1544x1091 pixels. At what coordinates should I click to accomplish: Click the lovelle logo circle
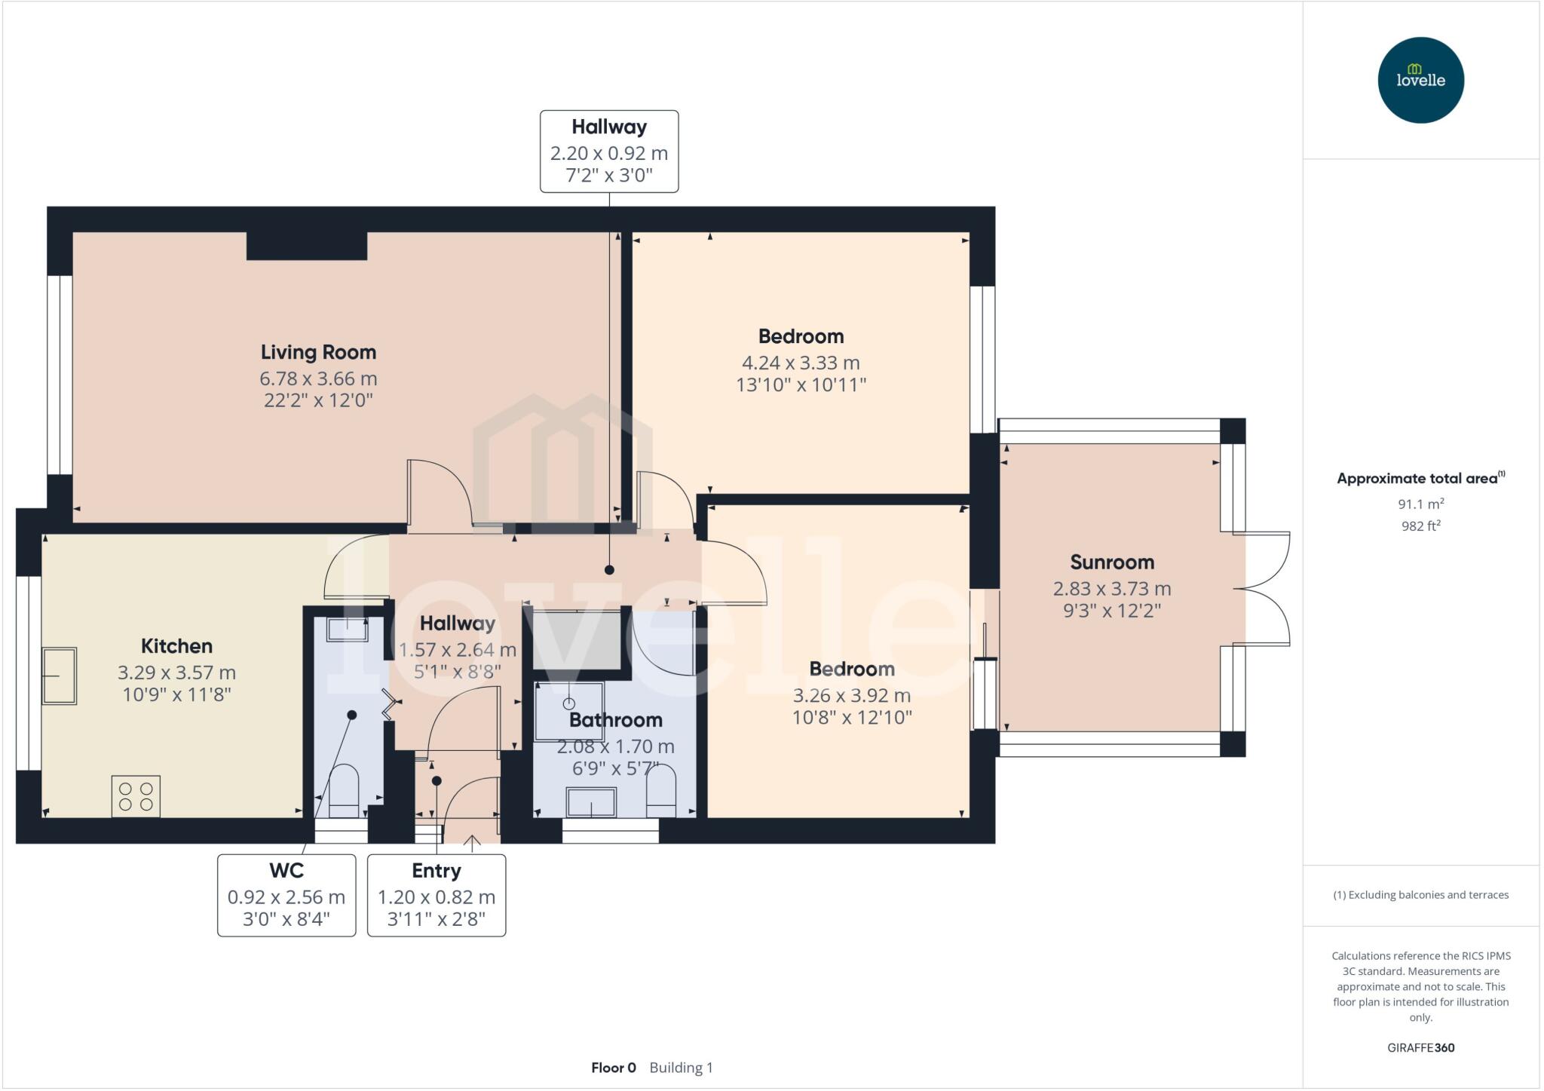click(x=1420, y=80)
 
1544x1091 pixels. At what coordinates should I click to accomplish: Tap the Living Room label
click(x=318, y=352)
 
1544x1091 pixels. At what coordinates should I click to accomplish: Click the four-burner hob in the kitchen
click(x=136, y=796)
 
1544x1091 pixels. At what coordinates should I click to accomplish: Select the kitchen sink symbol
click(x=59, y=676)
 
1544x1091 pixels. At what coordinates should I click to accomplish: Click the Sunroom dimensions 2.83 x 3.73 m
click(x=1111, y=588)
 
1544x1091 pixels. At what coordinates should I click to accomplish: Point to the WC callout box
click(x=286, y=895)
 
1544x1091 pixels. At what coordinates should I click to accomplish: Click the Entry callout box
click(x=436, y=895)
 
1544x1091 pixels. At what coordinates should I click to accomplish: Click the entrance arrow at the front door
click(x=472, y=843)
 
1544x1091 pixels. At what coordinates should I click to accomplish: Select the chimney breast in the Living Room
click(x=307, y=246)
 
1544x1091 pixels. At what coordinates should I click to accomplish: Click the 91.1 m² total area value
click(x=1420, y=504)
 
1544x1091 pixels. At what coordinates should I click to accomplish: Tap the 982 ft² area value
click(x=1420, y=526)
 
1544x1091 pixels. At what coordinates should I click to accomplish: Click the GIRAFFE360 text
click(x=1420, y=1047)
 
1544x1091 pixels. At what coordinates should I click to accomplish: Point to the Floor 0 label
click(x=613, y=1068)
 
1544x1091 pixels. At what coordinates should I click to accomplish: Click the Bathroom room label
click(x=615, y=720)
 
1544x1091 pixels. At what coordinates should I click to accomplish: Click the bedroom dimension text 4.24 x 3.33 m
click(x=801, y=363)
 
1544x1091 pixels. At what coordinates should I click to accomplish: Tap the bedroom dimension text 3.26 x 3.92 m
click(x=851, y=695)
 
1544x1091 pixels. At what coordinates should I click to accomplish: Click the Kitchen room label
click(x=176, y=646)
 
